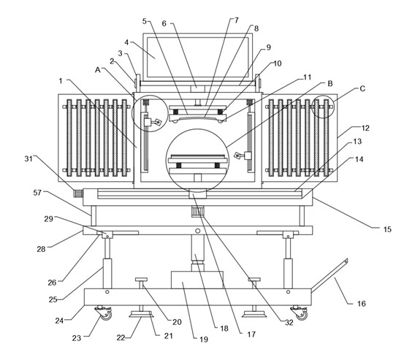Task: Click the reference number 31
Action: (28, 158)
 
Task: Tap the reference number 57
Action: (37, 192)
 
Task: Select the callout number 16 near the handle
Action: (362, 303)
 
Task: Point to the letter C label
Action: (362, 88)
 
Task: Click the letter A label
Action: (97, 69)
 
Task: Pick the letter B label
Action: (330, 83)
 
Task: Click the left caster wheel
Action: (104, 313)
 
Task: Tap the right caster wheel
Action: (300, 313)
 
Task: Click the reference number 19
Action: (204, 339)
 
